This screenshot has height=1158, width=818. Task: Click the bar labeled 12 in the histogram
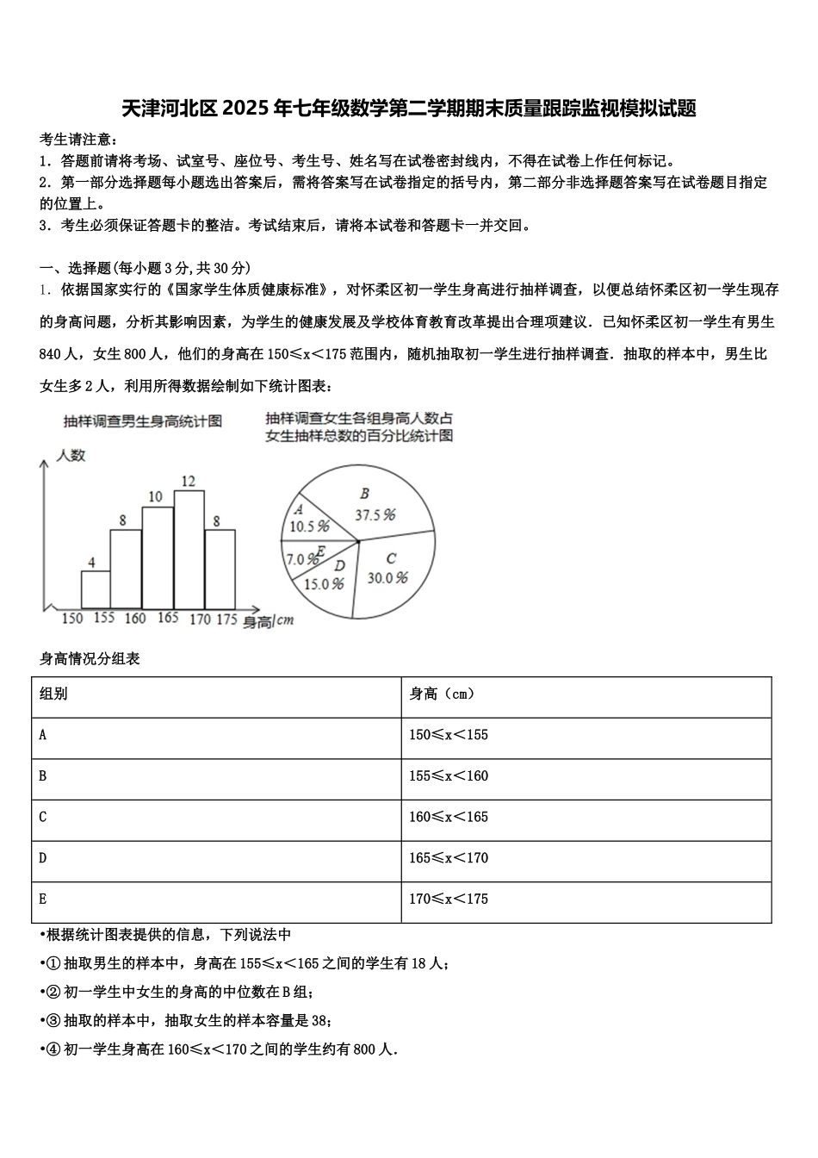189,549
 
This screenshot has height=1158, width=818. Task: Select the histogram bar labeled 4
96,589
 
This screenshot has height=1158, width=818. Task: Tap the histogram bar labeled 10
158,557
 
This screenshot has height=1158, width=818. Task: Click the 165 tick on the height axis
168,618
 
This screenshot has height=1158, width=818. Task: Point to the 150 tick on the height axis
72,618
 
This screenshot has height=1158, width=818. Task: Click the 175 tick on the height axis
226,618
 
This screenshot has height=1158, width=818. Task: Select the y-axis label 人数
71,456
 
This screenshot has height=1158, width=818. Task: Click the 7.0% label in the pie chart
301,559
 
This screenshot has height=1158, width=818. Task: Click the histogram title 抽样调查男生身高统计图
143,421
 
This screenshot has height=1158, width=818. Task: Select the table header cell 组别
54,694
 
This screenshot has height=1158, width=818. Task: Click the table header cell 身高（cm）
442,694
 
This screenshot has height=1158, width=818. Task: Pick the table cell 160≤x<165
449,817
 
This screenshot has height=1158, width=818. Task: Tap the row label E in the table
43,899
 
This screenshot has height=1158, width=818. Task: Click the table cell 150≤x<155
449,735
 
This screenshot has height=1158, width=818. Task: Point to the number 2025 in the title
245,109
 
